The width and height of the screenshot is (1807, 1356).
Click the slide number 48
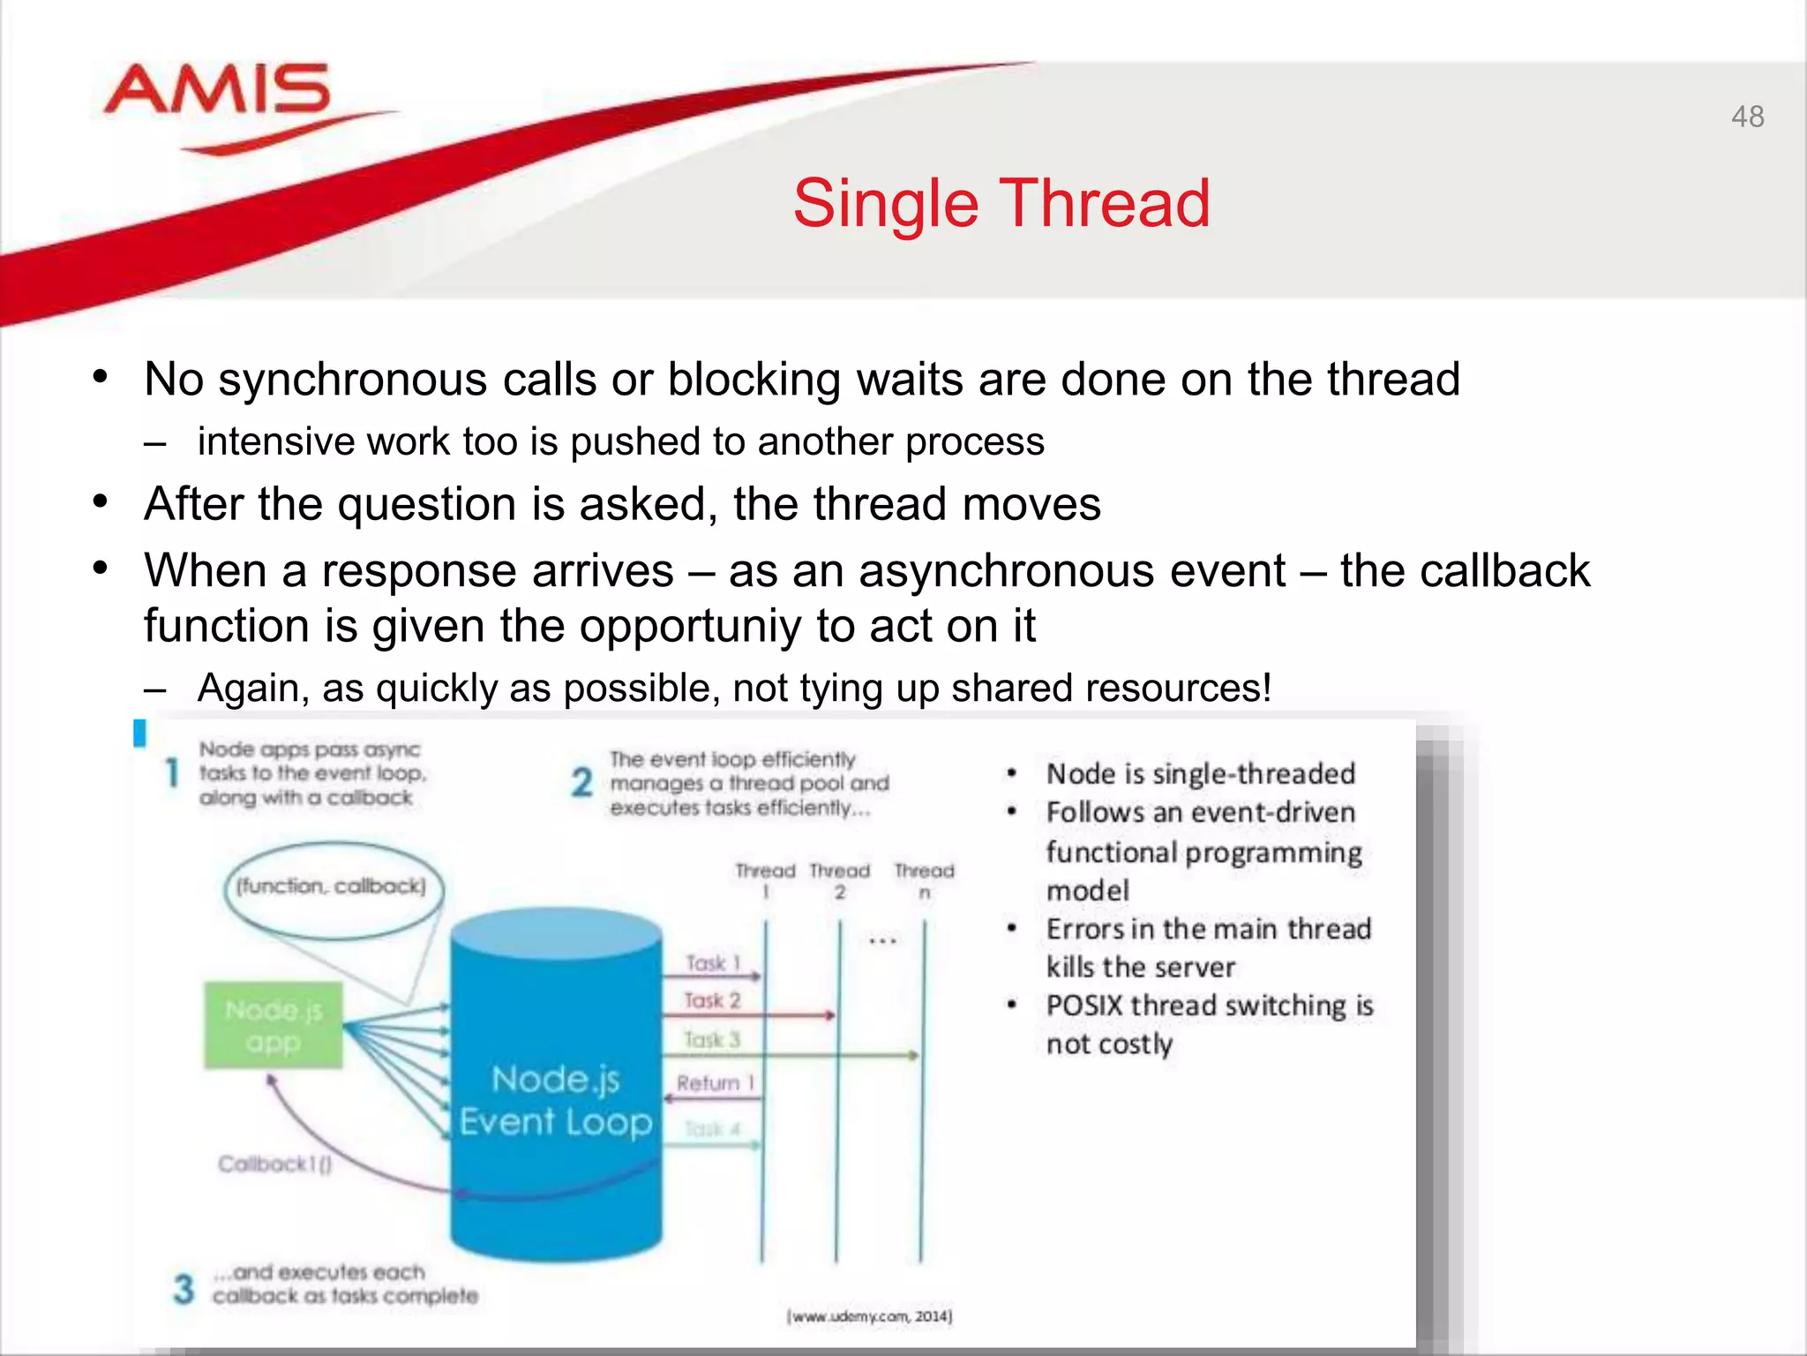pyautogui.click(x=1747, y=117)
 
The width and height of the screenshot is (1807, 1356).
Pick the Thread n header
pyautogui.click(x=924, y=880)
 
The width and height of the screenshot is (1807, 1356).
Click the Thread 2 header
pyautogui.click(x=839, y=880)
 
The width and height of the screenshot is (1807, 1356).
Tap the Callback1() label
pyautogui.click(x=274, y=1164)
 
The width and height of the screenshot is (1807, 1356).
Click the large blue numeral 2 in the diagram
pyautogui.click(x=581, y=782)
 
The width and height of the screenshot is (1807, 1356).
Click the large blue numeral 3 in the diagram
pyautogui.click(x=184, y=1289)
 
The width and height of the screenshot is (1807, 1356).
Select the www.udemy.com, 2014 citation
pyautogui.click(x=869, y=1316)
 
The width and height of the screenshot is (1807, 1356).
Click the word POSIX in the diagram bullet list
pyautogui.click(x=1084, y=1006)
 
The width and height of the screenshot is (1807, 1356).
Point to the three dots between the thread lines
pyautogui.click(x=882, y=941)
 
